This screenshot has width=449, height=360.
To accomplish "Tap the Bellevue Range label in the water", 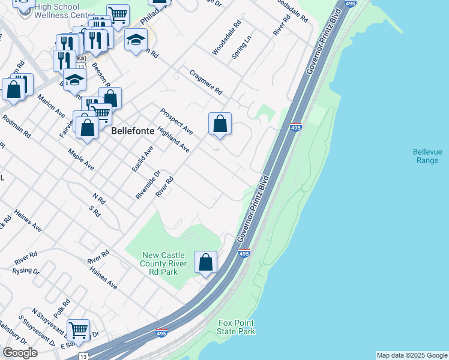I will pos(427,156).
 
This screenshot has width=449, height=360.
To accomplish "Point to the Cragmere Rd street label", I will pos(206,83).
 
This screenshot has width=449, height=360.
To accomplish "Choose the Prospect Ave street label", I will pos(176,122).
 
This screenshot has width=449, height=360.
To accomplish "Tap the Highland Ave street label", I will pos(173,139).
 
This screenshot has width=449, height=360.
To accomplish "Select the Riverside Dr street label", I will pos(148,185).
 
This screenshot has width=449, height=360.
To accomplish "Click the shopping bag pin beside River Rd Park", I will pos(206,263).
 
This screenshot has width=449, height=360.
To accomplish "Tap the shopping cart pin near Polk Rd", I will pos(78,330).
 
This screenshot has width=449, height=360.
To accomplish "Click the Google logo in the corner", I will pos(20,353).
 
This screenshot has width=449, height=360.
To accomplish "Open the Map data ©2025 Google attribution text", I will pos(412,355).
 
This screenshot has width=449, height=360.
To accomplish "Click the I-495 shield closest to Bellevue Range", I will pos(295,128).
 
